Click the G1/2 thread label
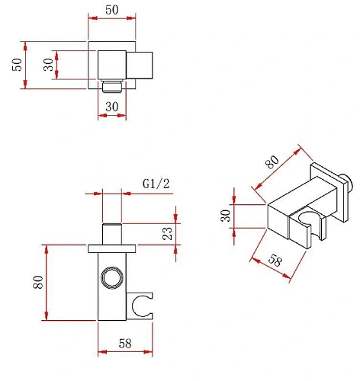pyautogui.click(x=156, y=184)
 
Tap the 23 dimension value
pyautogui.click(x=167, y=233)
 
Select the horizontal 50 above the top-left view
pyautogui.click(x=112, y=10)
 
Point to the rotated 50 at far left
pyautogui.click(x=17, y=65)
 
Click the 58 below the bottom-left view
pyautogui.click(x=125, y=344)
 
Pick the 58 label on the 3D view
pyautogui.click(x=275, y=260)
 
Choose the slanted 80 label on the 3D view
pyautogui.click(x=272, y=162)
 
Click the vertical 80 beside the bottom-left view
pyautogui.click(x=38, y=282)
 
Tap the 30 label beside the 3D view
pyautogui.click(x=226, y=216)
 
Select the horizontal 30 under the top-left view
pyautogui.click(x=112, y=107)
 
